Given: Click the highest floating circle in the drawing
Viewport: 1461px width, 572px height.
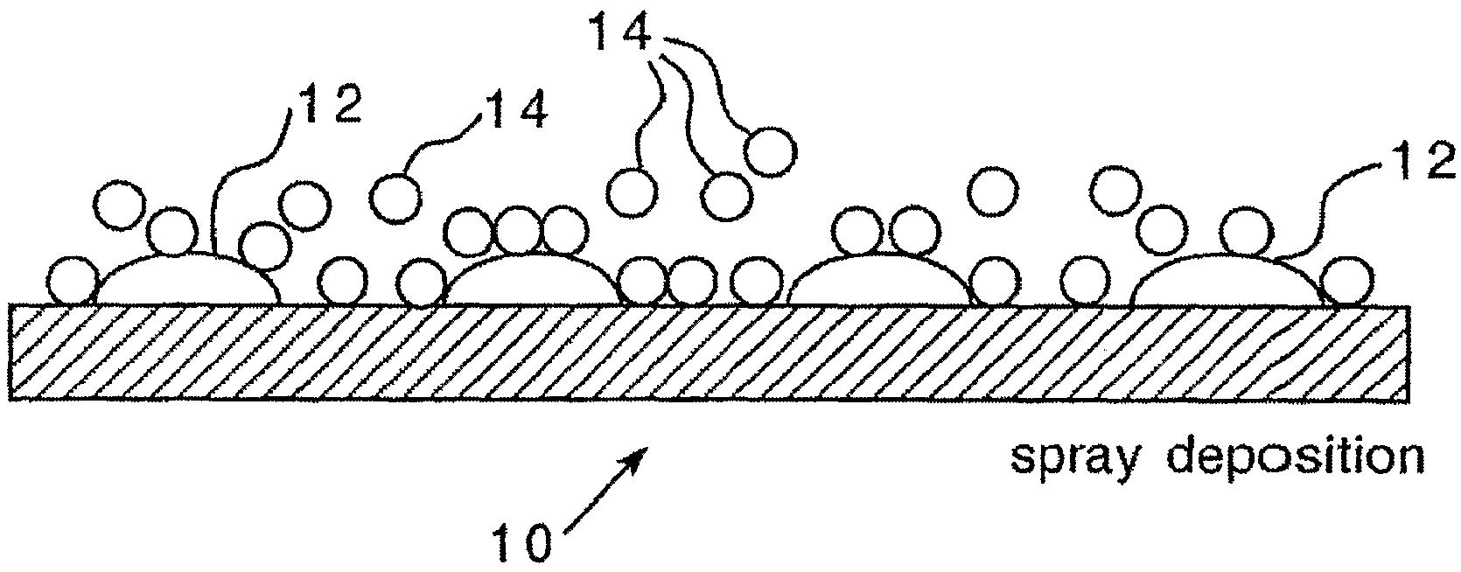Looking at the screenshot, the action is coord(771,151).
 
